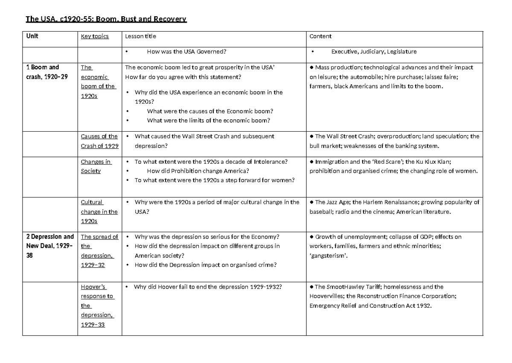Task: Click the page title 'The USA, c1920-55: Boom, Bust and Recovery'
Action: pyautogui.click(x=106, y=19)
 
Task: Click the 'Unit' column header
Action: pyautogui.click(x=32, y=36)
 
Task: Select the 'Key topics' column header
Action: pyautogui.click(x=95, y=36)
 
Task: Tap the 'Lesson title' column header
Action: pyautogui.click(x=140, y=36)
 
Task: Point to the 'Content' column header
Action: pyautogui.click(x=320, y=36)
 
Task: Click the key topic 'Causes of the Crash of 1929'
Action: pyautogui.click(x=99, y=141)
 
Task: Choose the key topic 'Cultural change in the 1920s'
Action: pyautogui.click(x=99, y=212)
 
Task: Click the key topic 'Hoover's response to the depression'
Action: pyautogui.click(x=97, y=306)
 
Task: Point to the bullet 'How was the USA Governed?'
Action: pyautogui.click(x=186, y=52)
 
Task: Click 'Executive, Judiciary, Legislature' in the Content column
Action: pyautogui.click(x=374, y=52)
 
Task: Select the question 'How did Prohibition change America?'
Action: pyautogui.click(x=198, y=171)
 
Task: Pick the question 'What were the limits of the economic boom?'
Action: pyautogui.click(x=208, y=120)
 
